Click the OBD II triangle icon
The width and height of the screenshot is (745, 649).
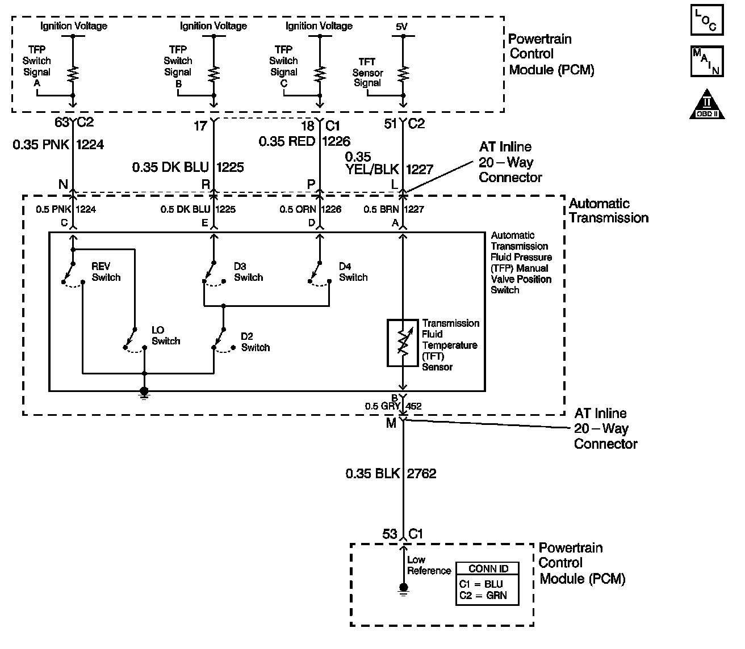point(707,106)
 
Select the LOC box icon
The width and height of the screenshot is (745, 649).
point(707,20)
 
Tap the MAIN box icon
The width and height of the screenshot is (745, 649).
point(707,61)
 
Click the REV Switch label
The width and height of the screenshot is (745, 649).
point(106,272)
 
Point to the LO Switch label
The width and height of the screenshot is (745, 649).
point(166,335)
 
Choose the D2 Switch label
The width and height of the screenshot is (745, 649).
point(256,342)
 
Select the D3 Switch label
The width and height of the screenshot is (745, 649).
point(248,272)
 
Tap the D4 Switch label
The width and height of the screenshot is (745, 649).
point(353,272)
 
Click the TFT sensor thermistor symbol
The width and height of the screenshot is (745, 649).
point(403,343)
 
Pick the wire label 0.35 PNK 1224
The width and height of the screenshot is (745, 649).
point(58,145)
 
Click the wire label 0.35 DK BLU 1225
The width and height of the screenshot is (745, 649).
point(188,167)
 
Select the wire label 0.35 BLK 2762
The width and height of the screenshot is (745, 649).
point(391,473)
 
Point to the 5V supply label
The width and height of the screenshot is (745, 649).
point(401,27)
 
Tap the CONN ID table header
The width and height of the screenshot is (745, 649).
point(488,568)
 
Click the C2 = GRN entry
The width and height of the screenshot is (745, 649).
point(483,595)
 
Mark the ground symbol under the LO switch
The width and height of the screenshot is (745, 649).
point(144,394)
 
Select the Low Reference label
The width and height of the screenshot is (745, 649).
point(429,565)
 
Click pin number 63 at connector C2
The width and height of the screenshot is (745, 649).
point(61,122)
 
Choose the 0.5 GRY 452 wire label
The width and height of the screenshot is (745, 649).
point(394,406)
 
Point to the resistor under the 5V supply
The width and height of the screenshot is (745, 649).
point(403,74)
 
